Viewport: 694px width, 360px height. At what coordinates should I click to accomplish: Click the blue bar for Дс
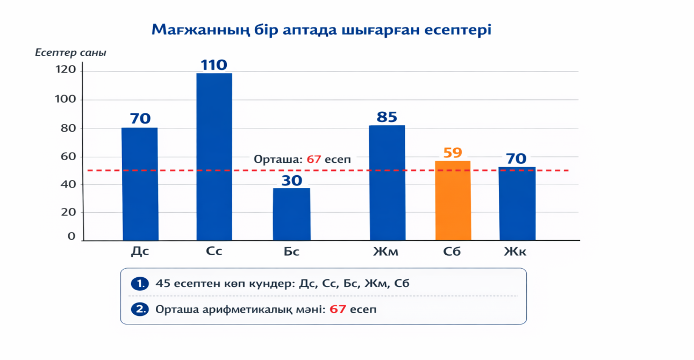(x=140, y=184)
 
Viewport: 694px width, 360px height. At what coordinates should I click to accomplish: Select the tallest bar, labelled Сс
(x=214, y=157)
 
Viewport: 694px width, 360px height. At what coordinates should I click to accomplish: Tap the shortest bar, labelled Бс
(x=291, y=214)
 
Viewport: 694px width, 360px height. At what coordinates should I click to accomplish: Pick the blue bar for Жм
(x=387, y=183)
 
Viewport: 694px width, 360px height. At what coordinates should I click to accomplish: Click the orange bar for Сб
(x=453, y=200)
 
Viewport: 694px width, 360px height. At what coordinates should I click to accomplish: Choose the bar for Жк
(x=517, y=204)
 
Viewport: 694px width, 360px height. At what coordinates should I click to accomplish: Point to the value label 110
(x=214, y=65)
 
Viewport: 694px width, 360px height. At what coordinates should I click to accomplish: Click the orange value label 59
(x=453, y=153)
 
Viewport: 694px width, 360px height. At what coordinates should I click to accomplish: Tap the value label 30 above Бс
(x=291, y=180)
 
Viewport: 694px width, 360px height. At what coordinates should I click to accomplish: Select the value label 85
(x=387, y=117)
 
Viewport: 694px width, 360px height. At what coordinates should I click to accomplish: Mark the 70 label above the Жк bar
(x=517, y=159)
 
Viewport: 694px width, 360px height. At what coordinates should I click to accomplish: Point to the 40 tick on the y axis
(x=68, y=184)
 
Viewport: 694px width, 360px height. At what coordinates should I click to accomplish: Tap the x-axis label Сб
(x=452, y=251)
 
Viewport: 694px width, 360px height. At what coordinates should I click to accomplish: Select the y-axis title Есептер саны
(x=70, y=53)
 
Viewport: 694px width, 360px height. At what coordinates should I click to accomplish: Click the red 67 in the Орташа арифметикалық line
(x=337, y=309)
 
